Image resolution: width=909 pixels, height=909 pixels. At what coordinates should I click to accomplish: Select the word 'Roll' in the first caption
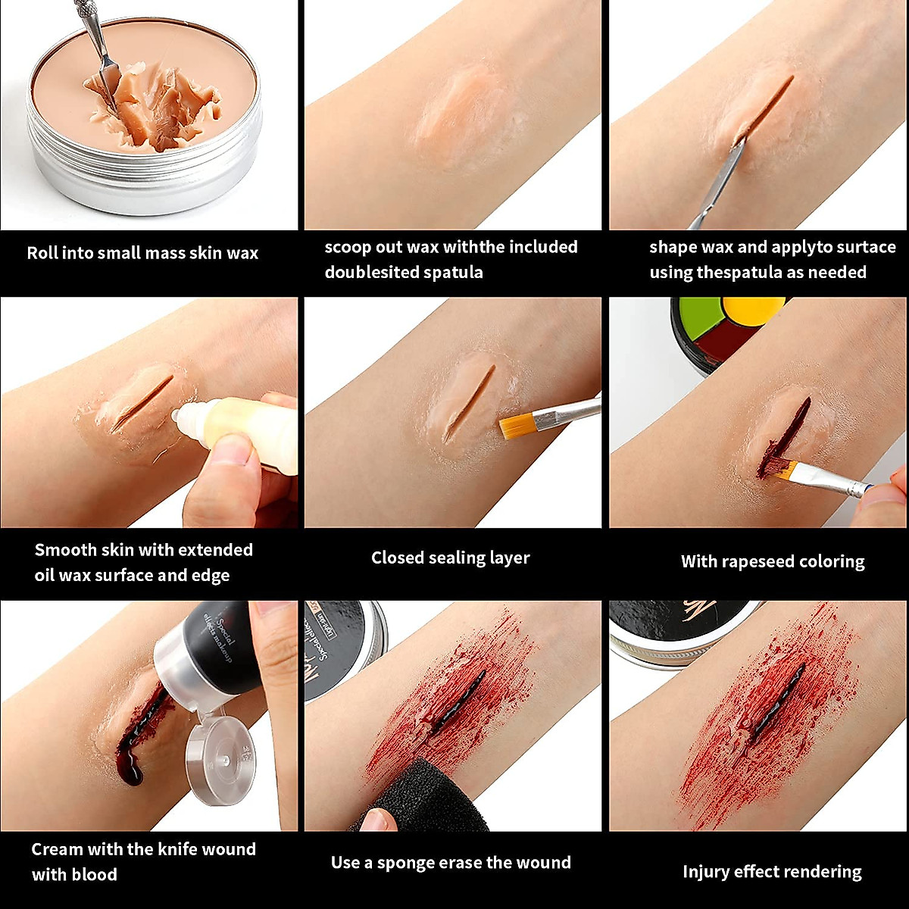click(x=42, y=253)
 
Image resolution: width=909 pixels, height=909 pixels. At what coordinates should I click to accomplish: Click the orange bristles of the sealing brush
click(x=516, y=426)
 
